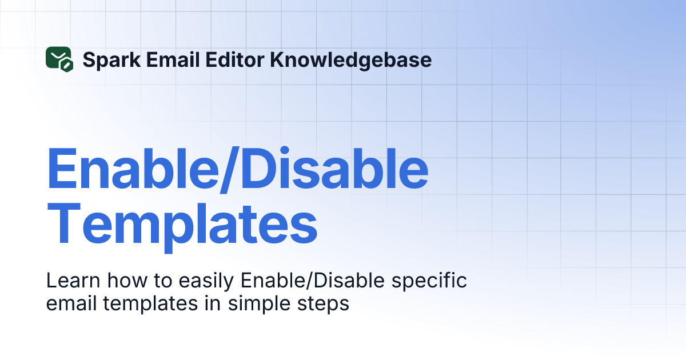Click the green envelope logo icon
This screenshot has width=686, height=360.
coord(58,59)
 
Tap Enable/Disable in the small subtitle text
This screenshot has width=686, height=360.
coord(306,281)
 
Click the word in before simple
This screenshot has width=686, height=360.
coord(214,303)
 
